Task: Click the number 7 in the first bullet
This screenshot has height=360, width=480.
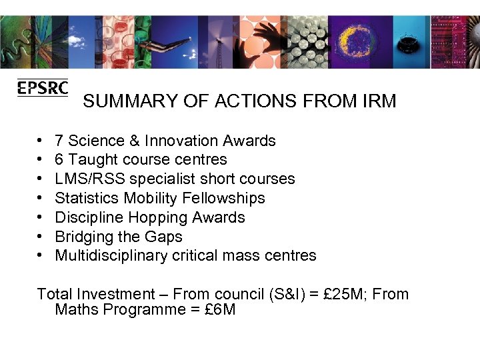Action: click(59, 141)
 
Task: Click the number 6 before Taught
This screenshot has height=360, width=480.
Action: click(59, 160)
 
